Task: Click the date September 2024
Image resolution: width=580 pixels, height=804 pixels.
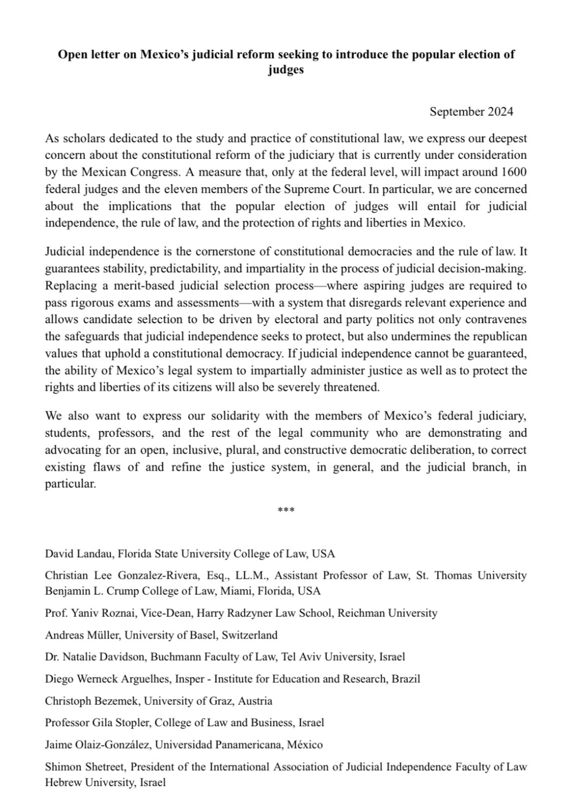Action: tap(471, 112)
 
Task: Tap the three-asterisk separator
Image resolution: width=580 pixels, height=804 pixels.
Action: tap(285, 510)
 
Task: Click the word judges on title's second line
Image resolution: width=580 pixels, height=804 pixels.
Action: tap(285, 70)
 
